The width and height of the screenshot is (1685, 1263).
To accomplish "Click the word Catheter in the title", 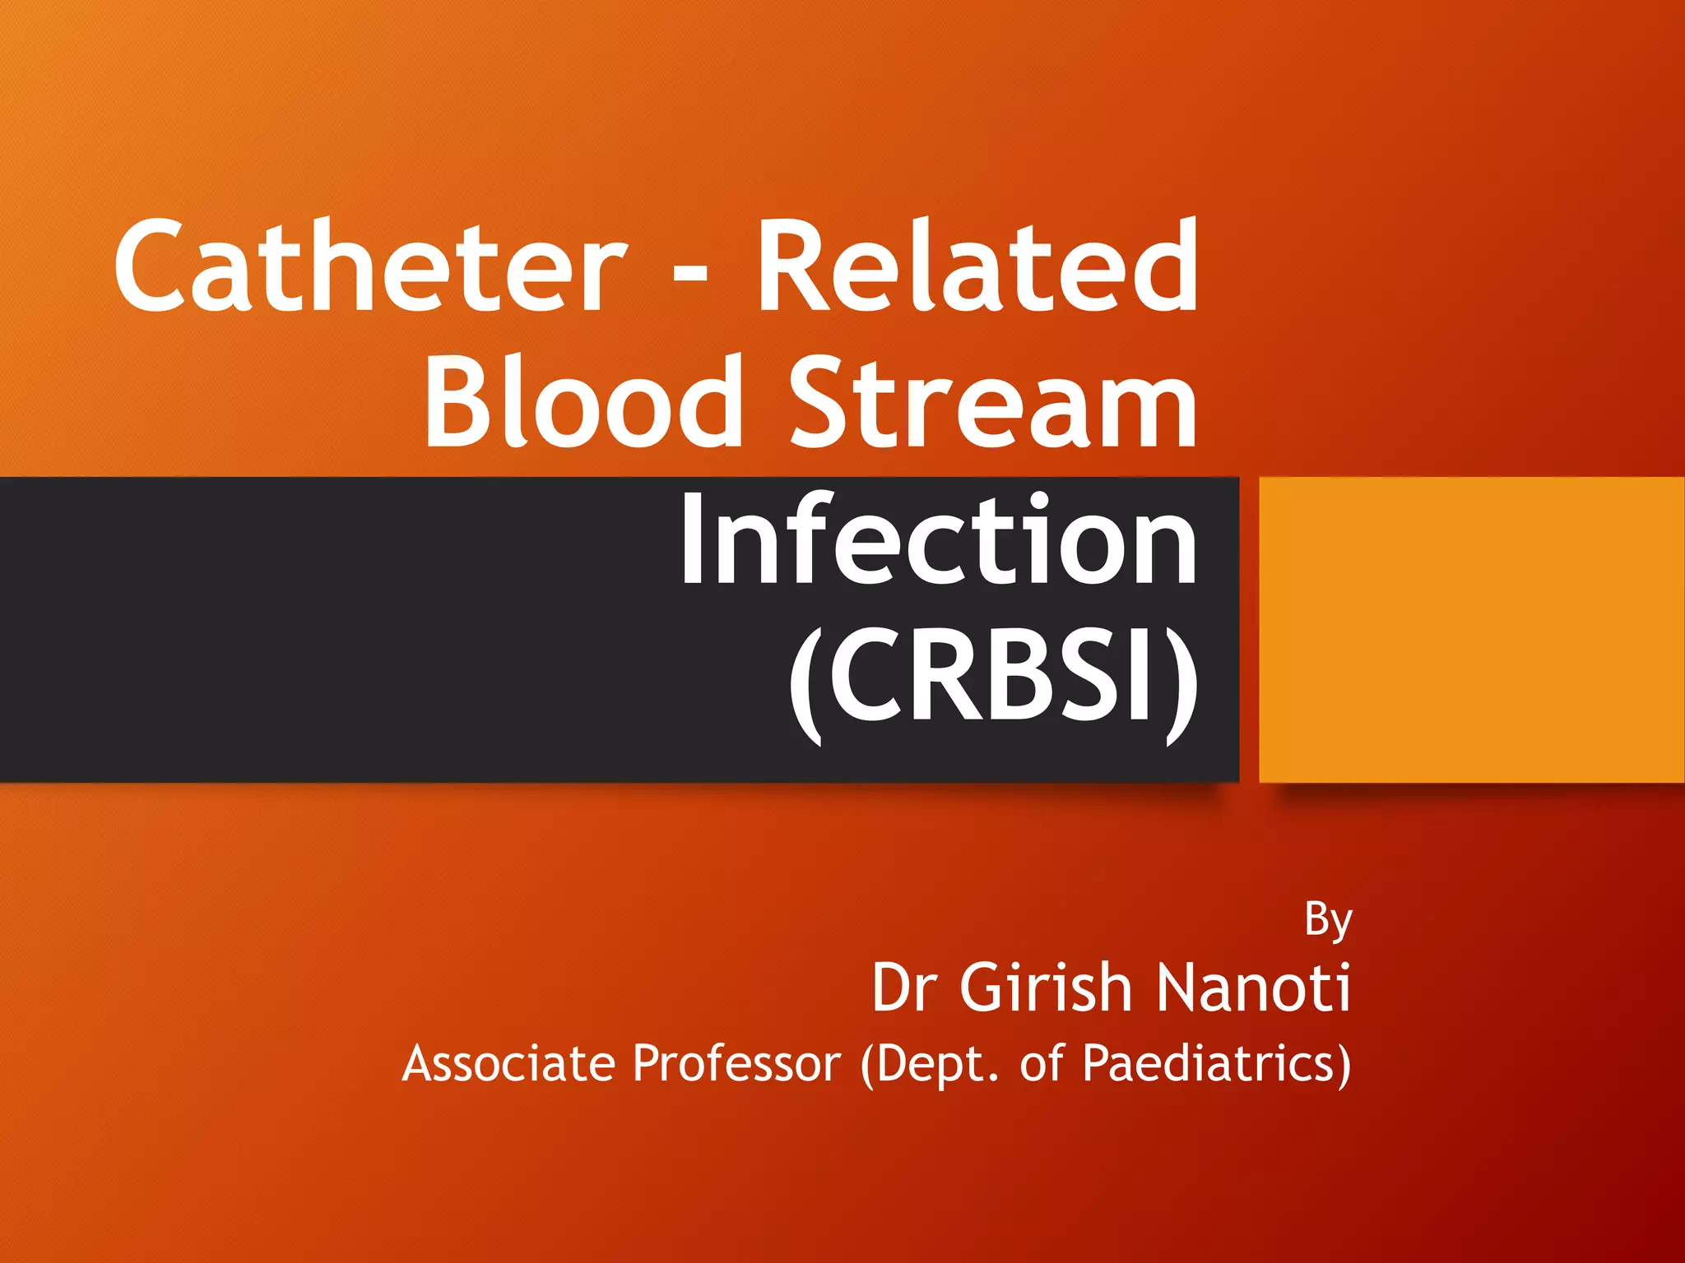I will pos(370,267).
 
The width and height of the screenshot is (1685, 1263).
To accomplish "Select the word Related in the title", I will pos(977,267).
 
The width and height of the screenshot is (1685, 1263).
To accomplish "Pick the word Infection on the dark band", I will pos(938,539).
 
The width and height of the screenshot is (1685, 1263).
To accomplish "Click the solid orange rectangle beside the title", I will pos(1471,629).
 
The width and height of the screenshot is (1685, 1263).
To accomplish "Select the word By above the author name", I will pos(1328,921).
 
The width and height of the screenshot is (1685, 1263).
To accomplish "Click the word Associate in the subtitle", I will pos(508,1063).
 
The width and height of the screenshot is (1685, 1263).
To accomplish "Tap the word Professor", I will pos(736,1063).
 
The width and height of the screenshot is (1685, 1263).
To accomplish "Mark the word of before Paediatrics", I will pos(1043,1063).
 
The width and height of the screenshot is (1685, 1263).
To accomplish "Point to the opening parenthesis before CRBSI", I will pos(805,682).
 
